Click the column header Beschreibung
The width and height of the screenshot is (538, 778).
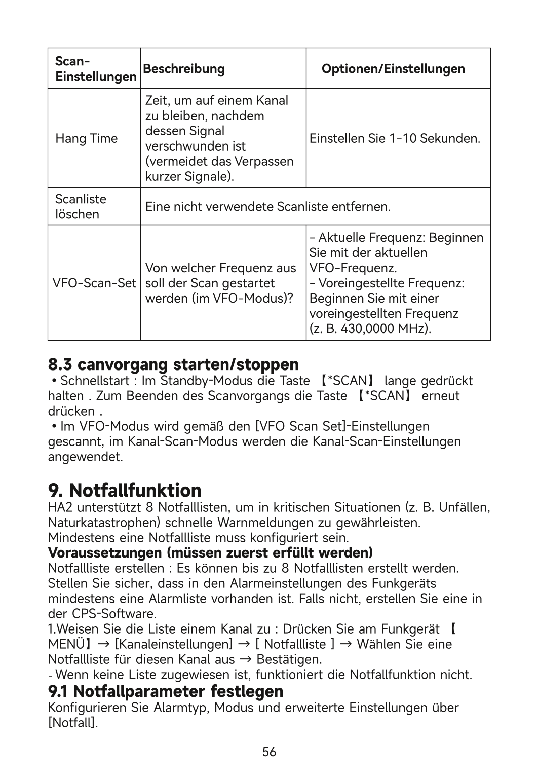184,69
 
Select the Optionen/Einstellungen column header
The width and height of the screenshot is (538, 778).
393,69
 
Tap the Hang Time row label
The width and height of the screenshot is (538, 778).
86,139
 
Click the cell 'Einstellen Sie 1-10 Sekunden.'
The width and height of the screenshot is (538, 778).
395,139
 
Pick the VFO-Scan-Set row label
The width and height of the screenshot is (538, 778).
95,283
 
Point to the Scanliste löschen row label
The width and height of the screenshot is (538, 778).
81,207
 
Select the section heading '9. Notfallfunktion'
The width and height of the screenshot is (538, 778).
125,490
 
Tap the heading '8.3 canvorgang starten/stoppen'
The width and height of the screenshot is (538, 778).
173,364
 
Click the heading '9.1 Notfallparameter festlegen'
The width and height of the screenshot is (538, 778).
166,691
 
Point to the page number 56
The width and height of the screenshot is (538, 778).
270,752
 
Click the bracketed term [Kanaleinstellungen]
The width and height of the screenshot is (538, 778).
174,645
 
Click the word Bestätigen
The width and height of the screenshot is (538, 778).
289,660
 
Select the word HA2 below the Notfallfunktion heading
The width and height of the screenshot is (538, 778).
60,507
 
